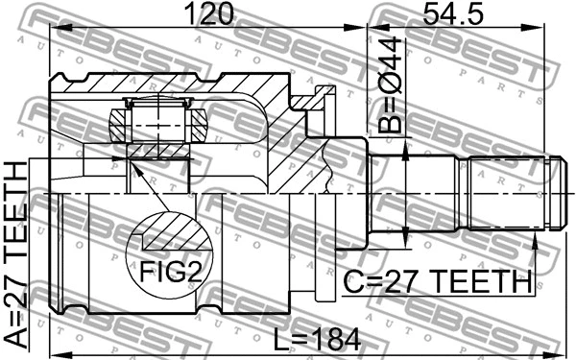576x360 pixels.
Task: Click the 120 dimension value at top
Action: [209, 13]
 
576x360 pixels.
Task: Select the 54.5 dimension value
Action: [452, 13]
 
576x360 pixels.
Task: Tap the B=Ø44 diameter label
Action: [390, 84]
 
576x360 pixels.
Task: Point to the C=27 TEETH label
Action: [437, 281]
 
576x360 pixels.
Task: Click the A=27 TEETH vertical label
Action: [15, 254]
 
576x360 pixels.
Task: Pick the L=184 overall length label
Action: [318, 340]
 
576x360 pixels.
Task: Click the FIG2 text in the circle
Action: [170, 272]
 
